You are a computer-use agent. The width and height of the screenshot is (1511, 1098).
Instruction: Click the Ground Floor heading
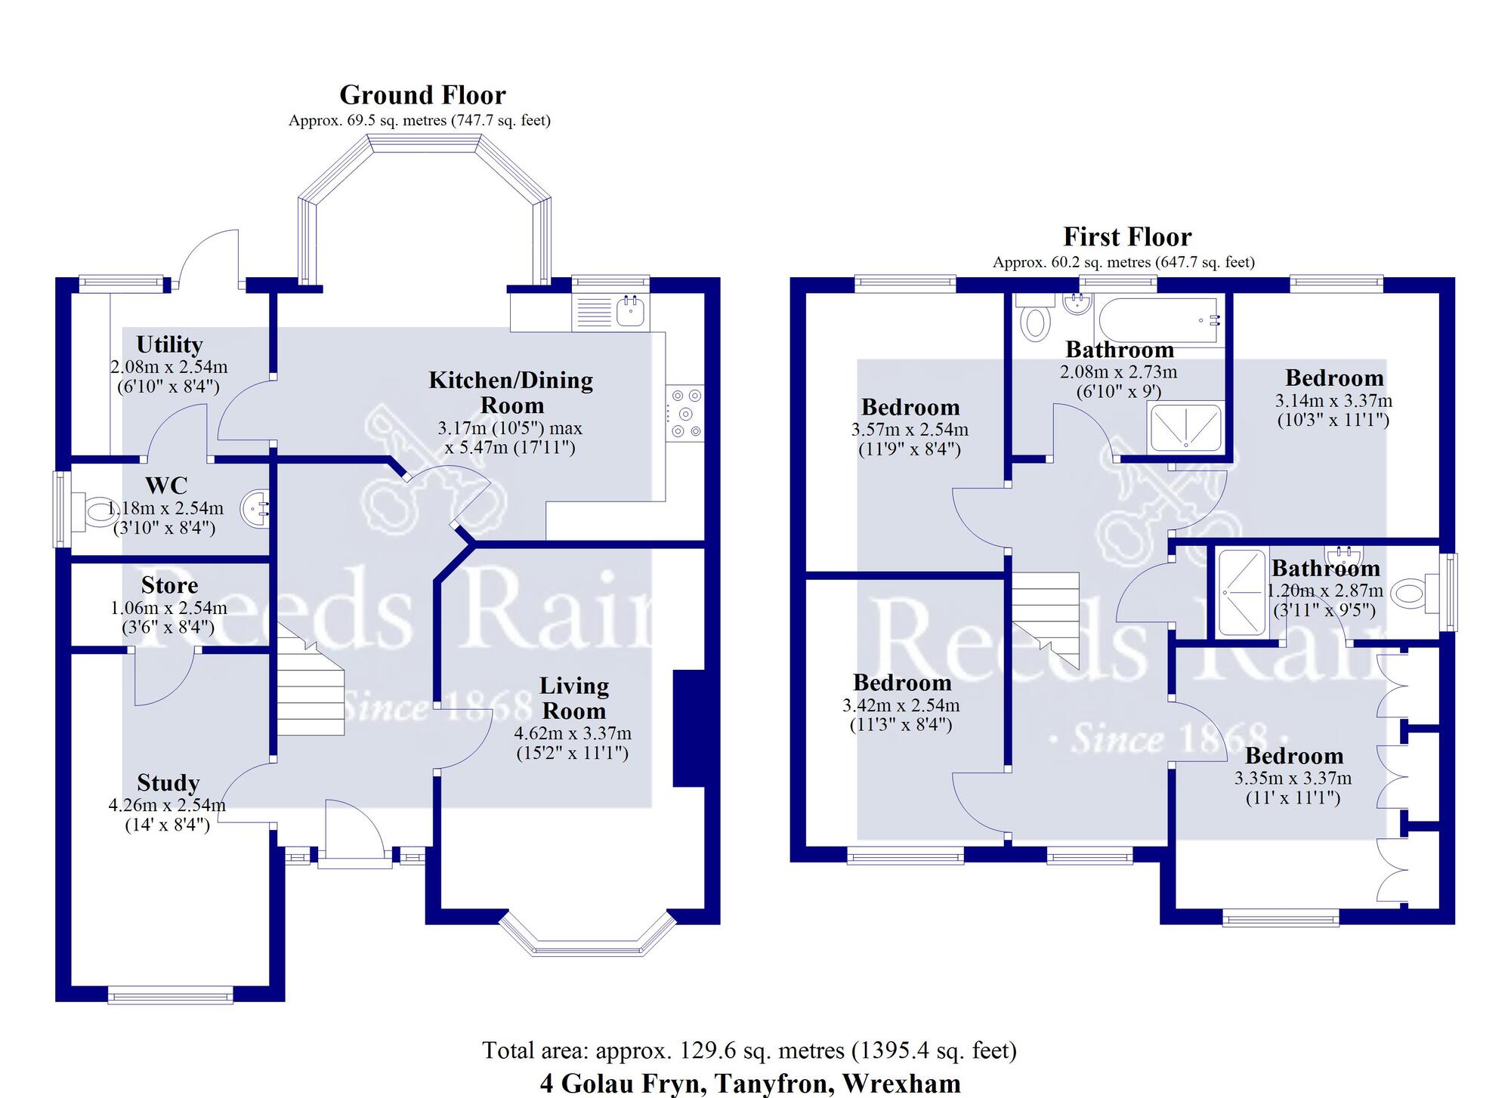[422, 95]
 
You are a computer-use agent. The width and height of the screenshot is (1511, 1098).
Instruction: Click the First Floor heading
[1126, 237]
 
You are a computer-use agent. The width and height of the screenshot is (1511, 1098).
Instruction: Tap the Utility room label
[169, 345]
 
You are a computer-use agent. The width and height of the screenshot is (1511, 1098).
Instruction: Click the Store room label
[169, 585]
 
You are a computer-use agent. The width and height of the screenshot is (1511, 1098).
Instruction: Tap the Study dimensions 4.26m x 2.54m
[167, 805]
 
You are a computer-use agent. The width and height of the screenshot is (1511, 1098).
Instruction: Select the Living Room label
[573, 698]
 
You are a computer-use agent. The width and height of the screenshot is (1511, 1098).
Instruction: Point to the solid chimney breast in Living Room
[688, 729]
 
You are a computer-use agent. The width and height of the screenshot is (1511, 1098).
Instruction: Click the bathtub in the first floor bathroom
[1157, 321]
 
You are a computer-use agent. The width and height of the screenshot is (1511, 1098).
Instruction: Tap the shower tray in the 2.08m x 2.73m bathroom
[1184, 427]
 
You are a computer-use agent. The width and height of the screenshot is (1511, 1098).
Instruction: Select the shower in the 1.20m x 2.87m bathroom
[1241, 593]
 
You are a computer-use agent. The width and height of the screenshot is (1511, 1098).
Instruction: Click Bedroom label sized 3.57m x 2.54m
[910, 408]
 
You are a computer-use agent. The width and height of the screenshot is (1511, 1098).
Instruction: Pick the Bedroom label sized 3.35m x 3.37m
[1293, 756]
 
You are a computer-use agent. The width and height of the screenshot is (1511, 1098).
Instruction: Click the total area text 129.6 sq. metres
[749, 1050]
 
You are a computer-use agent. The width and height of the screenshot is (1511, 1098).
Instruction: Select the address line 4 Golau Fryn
[749, 1083]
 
